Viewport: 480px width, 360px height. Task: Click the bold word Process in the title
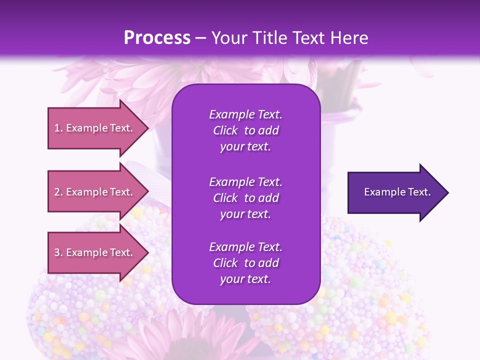coord(157,38)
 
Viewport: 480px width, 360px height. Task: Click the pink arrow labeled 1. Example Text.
coord(95,128)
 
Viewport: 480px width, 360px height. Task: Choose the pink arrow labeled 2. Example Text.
coord(95,192)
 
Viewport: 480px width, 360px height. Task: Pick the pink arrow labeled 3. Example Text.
coord(95,252)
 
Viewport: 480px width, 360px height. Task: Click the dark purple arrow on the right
coord(395,192)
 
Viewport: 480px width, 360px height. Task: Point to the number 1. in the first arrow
coord(58,128)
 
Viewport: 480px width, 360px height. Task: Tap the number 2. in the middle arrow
coord(58,192)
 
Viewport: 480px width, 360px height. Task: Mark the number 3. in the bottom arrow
coord(58,252)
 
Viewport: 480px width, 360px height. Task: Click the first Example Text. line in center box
coord(245,114)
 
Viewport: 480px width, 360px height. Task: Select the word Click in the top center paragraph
coord(225,130)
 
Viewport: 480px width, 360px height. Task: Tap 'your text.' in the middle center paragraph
coord(245,214)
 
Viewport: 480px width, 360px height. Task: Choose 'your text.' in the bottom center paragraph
coord(245,279)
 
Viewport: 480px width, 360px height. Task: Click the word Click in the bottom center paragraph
coord(225,263)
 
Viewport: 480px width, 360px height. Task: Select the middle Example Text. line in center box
coord(245,181)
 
